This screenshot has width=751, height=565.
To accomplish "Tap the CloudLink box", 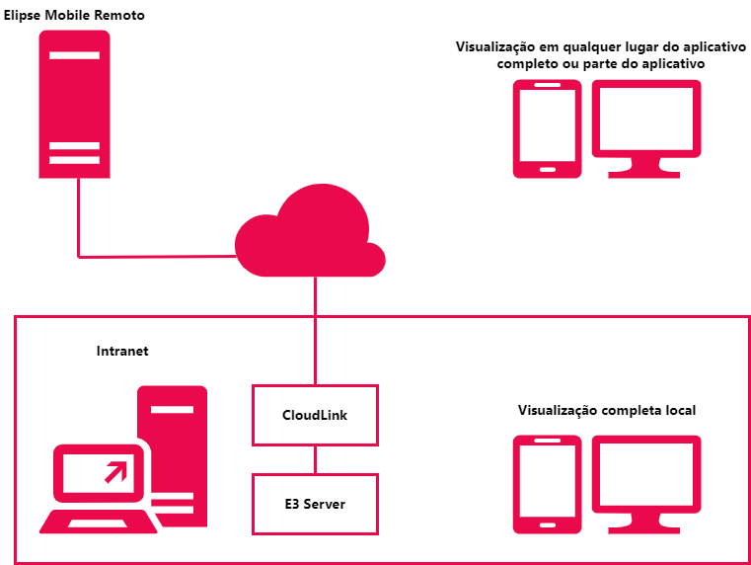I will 315,415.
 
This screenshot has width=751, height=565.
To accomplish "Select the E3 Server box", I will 315,504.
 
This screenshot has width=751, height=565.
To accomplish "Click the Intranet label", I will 122,351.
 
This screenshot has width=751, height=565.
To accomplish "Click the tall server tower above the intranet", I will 74,104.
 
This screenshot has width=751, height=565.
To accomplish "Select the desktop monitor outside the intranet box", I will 646,119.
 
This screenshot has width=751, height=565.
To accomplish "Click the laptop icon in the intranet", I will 97,492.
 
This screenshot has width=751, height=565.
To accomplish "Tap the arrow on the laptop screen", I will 116,471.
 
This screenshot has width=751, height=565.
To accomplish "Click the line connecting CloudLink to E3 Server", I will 315,459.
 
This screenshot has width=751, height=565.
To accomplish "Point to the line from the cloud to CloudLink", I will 315,331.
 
